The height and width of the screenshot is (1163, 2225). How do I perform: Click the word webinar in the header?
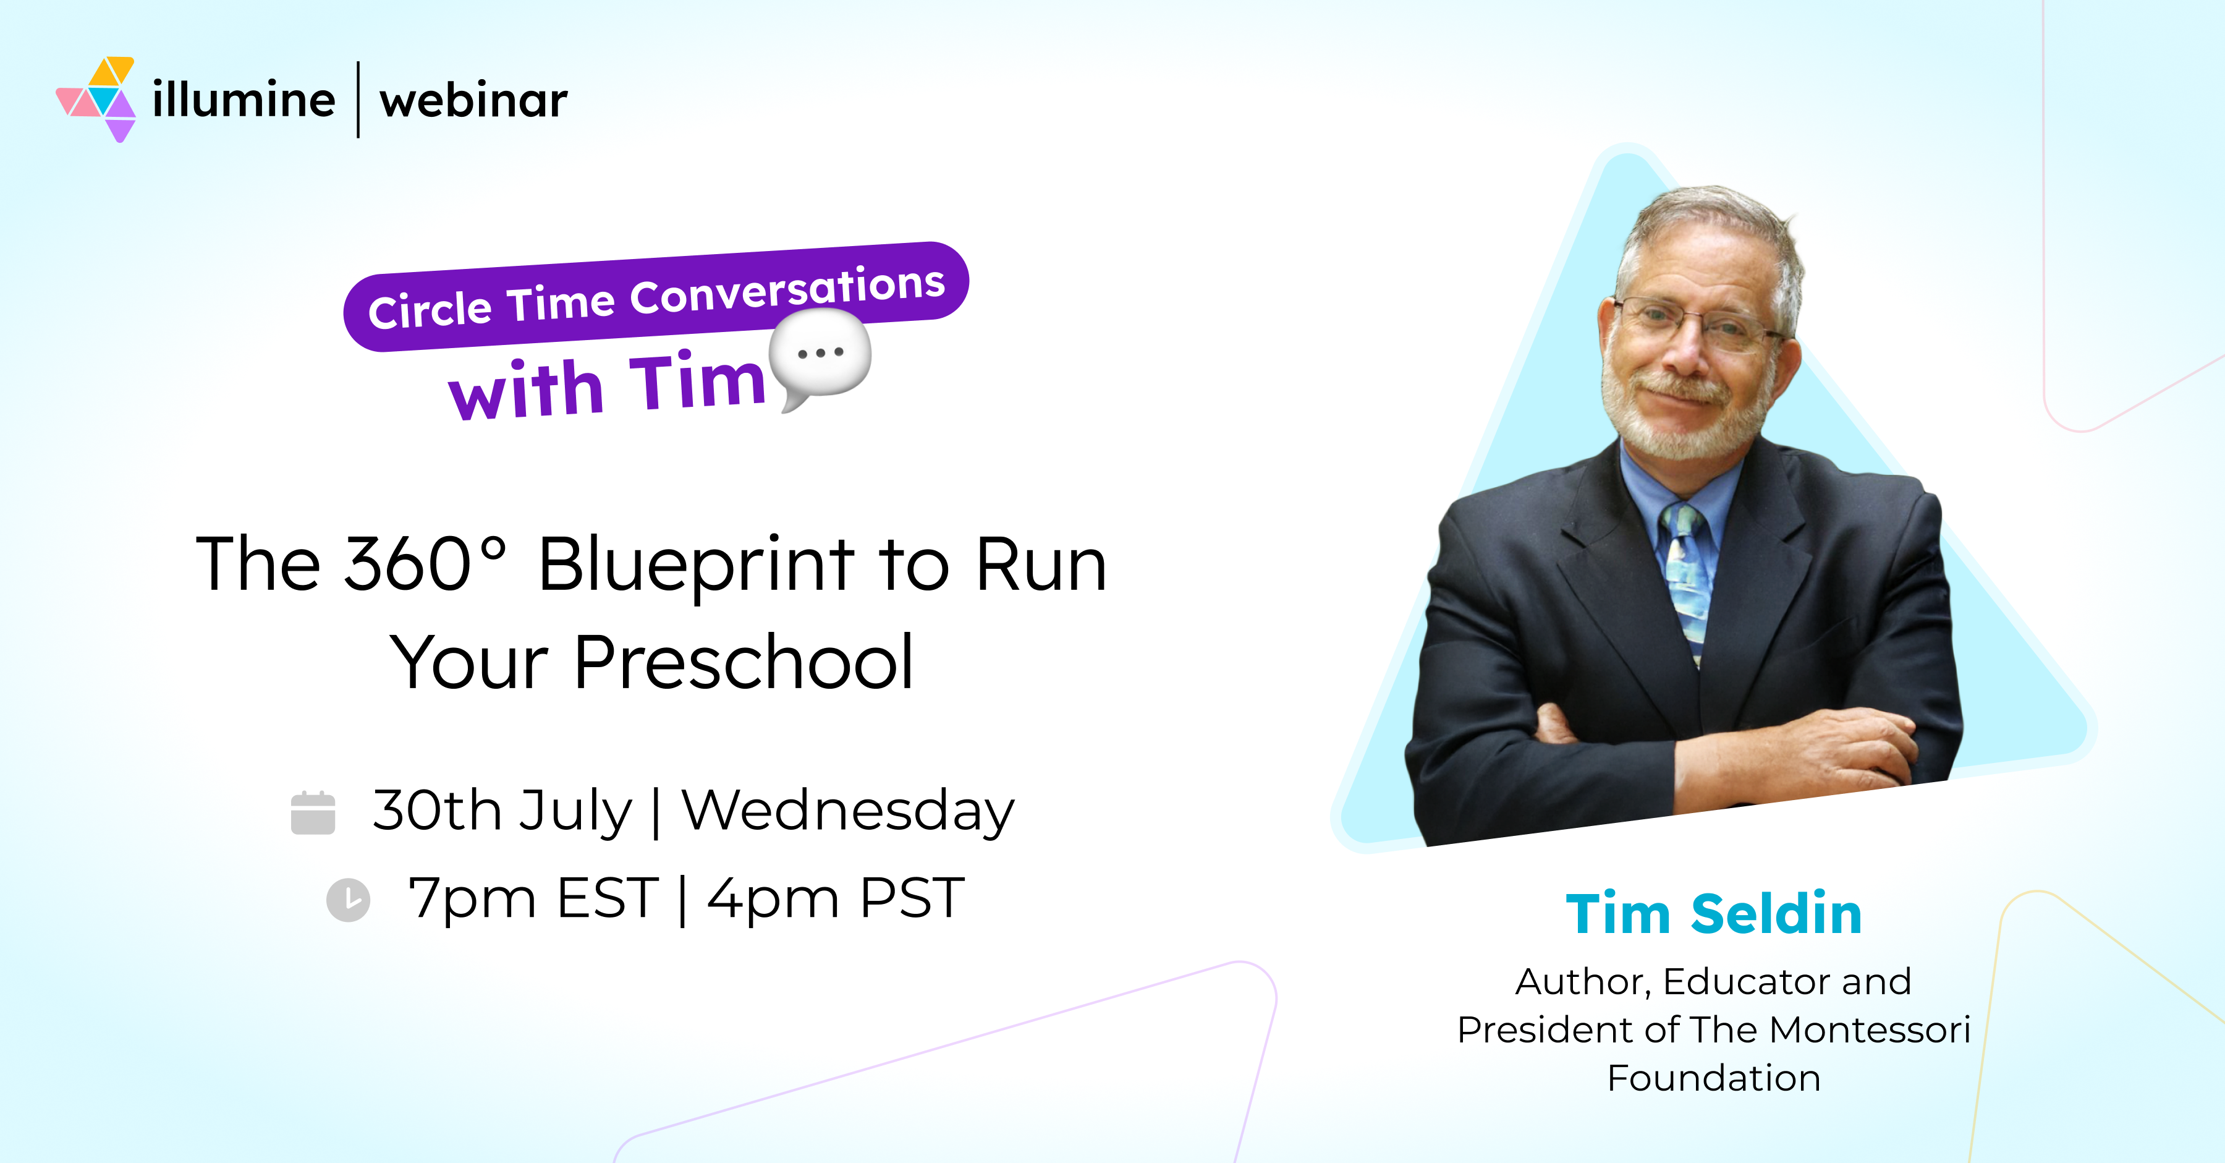point(473,100)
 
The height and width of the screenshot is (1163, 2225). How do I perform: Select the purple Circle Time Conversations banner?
point(656,296)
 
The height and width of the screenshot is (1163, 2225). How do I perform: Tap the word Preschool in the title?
point(743,663)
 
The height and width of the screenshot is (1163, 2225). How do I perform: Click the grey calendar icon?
point(313,812)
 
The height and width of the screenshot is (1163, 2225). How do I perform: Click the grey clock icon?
point(348,900)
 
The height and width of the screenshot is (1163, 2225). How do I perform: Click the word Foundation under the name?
point(1714,1078)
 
